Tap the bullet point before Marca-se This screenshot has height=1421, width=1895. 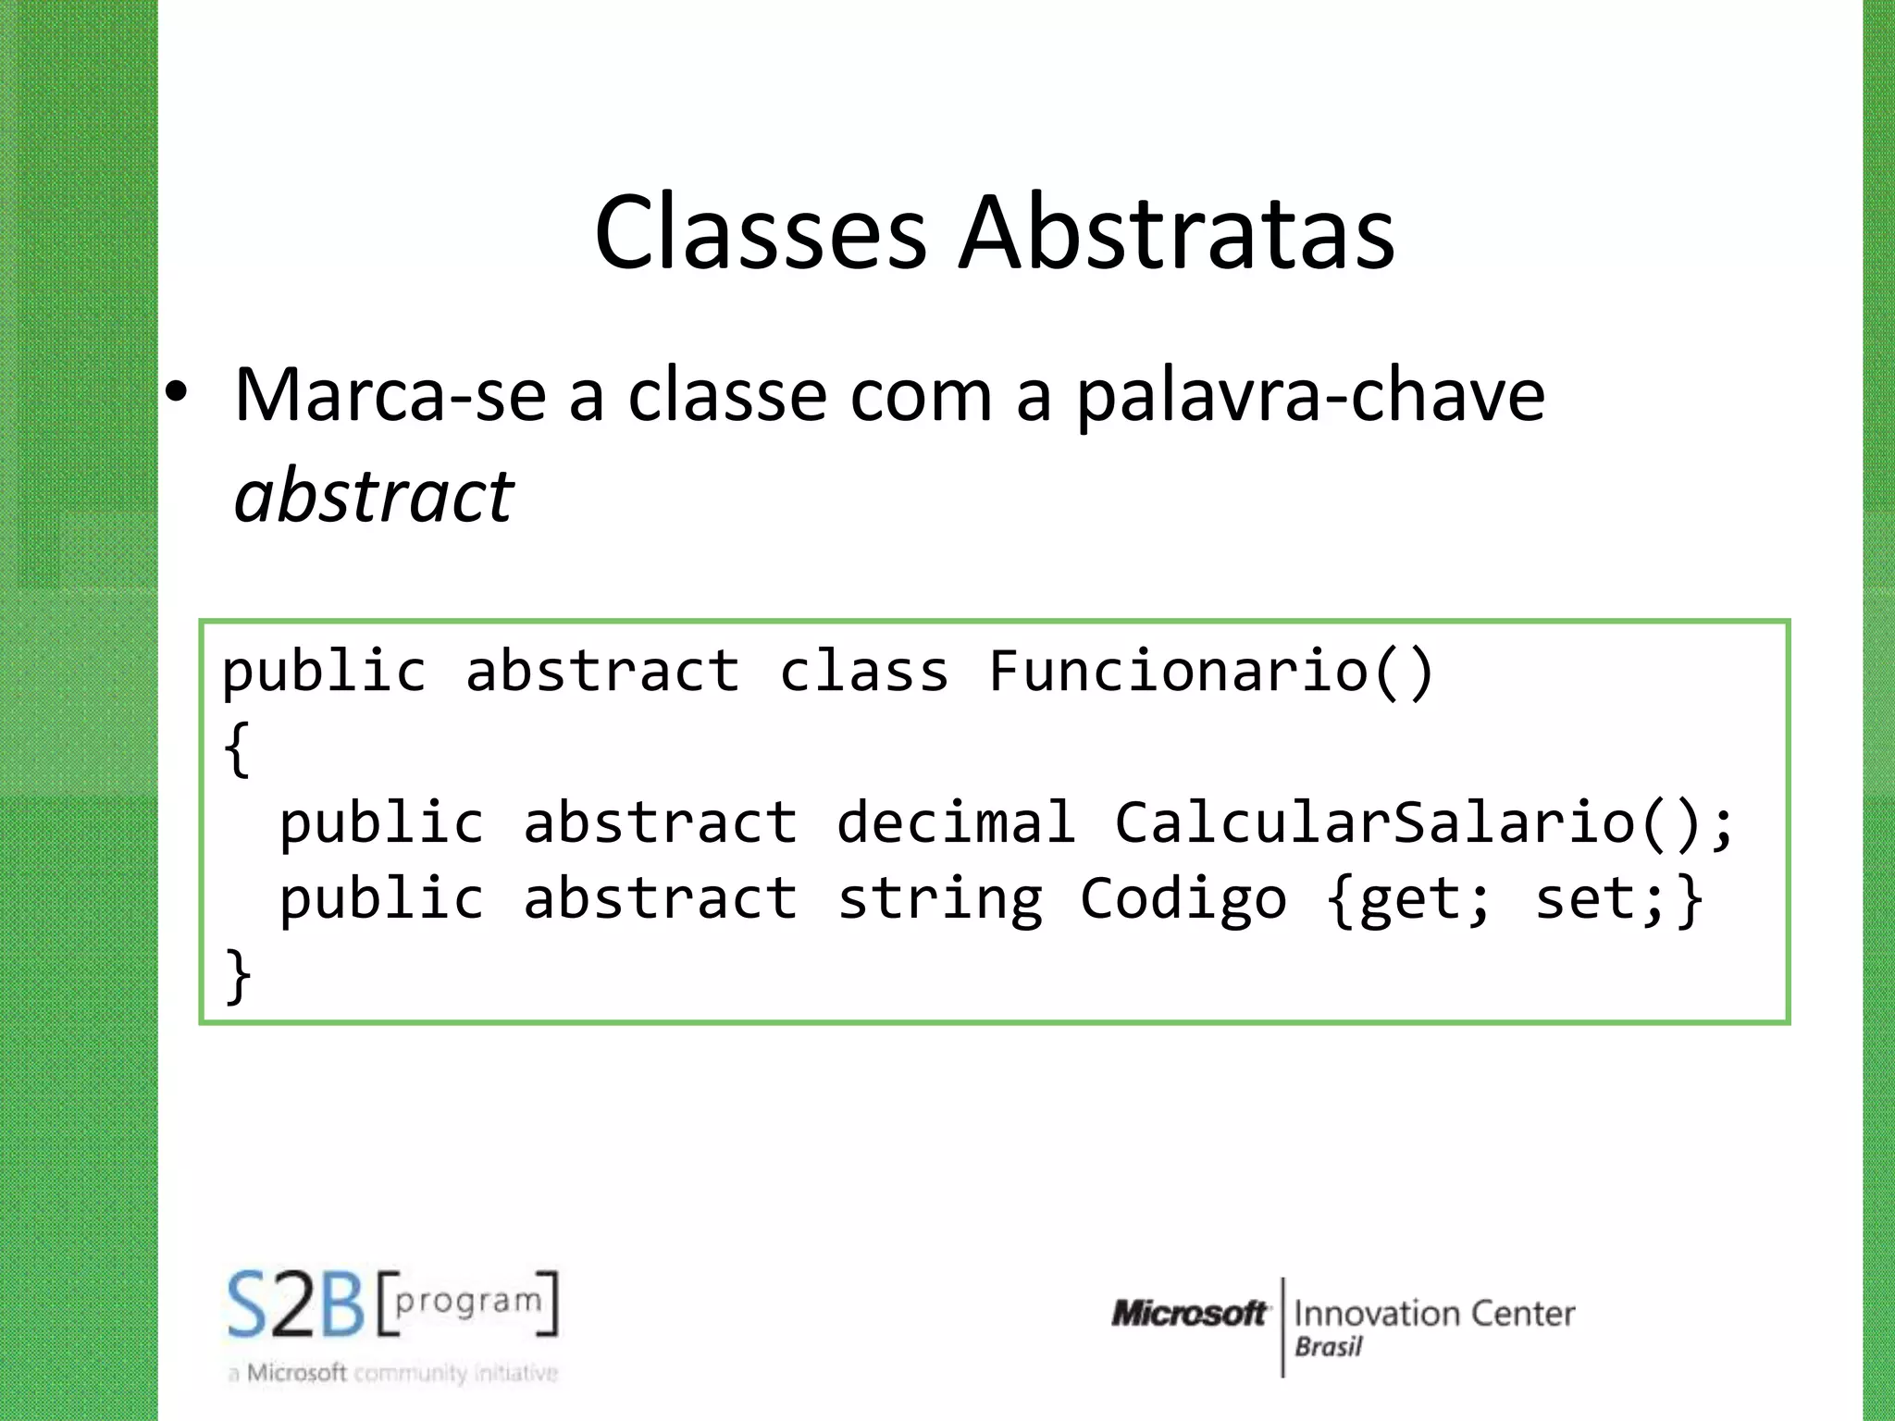click(x=177, y=394)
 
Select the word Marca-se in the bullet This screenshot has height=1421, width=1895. click(x=390, y=396)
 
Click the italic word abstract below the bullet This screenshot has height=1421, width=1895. click(x=374, y=496)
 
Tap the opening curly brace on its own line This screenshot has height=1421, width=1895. click(x=237, y=748)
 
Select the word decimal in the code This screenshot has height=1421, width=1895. click(x=956, y=822)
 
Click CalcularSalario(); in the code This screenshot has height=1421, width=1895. click(x=1424, y=822)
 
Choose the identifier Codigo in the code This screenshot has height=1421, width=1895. click(x=1183, y=899)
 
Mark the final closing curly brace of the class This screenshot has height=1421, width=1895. click(x=238, y=975)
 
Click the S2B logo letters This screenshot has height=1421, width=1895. click(x=296, y=1304)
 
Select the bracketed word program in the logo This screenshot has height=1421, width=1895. click(x=468, y=1301)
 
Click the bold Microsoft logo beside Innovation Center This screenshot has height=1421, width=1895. click(x=1189, y=1313)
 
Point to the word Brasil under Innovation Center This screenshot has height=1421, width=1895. click(x=1329, y=1347)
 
